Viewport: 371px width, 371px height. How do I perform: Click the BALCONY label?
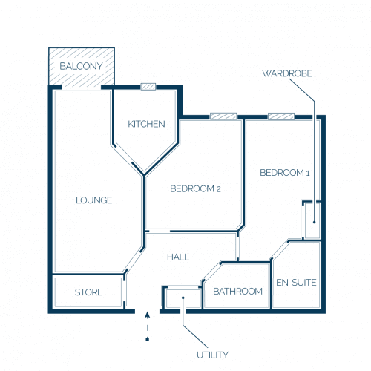[81, 66]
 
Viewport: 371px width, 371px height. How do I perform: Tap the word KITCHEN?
[146, 124]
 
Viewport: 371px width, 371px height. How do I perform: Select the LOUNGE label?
[94, 200]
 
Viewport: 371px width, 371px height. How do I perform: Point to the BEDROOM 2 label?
[195, 189]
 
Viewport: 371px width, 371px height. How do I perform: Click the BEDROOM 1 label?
[285, 173]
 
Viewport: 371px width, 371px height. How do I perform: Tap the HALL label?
[178, 257]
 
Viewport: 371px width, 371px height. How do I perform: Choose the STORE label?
[88, 292]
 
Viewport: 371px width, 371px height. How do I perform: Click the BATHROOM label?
[237, 292]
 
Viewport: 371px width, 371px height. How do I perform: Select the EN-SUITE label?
[296, 283]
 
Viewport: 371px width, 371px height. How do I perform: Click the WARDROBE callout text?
[287, 73]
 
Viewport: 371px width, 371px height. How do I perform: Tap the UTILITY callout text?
[212, 355]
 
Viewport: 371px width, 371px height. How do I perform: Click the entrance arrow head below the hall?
[148, 315]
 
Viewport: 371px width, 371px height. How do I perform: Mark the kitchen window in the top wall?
[148, 87]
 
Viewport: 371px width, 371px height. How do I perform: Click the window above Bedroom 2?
[223, 116]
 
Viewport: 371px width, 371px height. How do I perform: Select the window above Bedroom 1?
[281, 116]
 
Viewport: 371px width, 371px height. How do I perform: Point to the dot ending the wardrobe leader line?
[315, 222]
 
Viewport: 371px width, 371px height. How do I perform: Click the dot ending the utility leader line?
[183, 298]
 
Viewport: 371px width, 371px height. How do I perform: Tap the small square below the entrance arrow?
[148, 339]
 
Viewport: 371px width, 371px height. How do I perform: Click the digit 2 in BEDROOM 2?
[218, 189]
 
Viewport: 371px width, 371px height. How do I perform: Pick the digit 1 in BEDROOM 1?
[308, 173]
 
